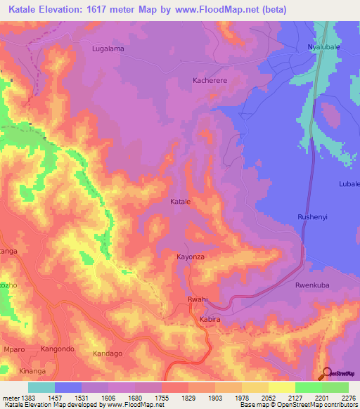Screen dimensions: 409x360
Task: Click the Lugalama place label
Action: [x=108, y=48]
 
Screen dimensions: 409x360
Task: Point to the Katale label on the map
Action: [x=181, y=202]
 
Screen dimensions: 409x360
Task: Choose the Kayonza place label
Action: [x=191, y=257]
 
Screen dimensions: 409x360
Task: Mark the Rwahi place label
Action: [x=197, y=300]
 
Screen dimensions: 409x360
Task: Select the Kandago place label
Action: [x=108, y=352]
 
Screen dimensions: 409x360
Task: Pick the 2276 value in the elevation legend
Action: [x=349, y=397]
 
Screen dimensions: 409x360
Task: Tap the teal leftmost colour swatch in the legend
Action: [x=41, y=387]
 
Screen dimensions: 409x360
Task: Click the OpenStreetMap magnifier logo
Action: [x=326, y=373]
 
